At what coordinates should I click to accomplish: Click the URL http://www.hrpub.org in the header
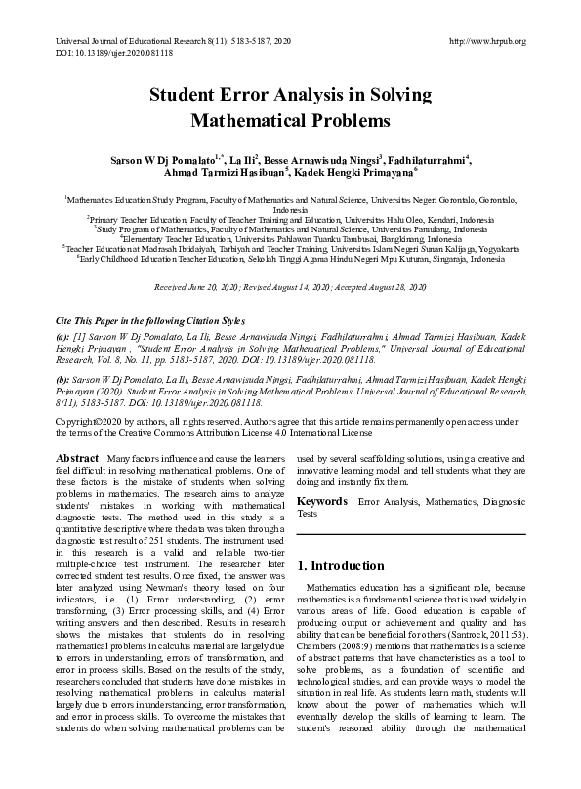click(x=487, y=41)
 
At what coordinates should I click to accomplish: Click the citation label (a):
click(x=62, y=335)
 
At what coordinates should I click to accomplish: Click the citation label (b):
click(x=62, y=375)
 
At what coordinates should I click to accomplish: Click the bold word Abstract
click(x=76, y=458)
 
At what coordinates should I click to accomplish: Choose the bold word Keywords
click(x=322, y=501)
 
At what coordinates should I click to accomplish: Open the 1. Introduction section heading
click(x=341, y=565)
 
